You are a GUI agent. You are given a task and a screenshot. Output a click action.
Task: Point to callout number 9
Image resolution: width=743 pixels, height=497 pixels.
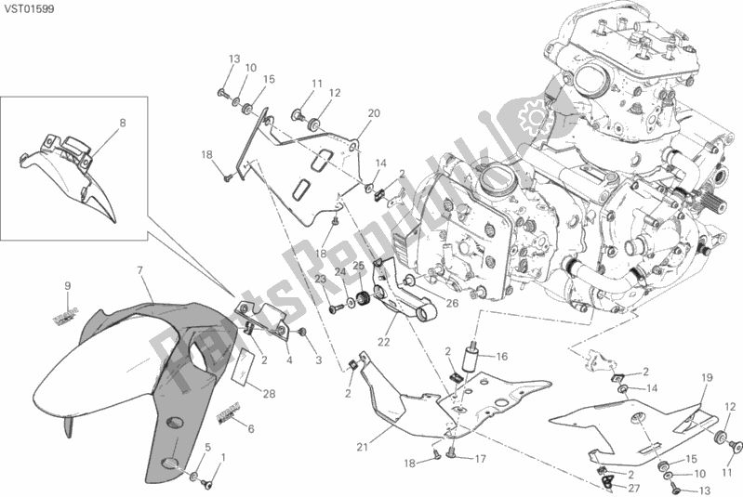[68, 284]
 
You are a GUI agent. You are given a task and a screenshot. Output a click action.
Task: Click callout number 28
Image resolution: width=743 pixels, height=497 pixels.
[269, 395]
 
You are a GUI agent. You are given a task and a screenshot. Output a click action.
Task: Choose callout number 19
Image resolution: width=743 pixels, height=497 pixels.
[706, 377]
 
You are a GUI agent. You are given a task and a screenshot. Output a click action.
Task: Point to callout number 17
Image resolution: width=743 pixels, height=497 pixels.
[481, 458]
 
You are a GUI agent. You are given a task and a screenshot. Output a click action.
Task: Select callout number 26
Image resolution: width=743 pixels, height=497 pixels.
[452, 303]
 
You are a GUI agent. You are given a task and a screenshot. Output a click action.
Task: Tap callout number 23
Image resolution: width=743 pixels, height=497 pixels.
[319, 279]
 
